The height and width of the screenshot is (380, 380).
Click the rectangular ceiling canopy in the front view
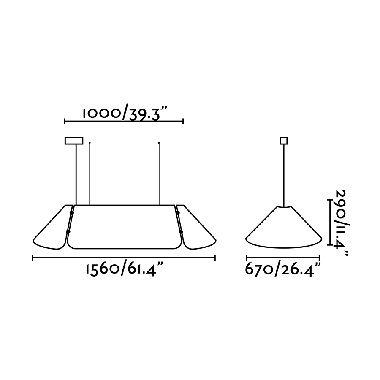(74, 141)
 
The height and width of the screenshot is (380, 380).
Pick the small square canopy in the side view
(284, 141)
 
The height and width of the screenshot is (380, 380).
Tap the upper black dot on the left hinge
(71, 213)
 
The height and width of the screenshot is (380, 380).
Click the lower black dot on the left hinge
(68, 232)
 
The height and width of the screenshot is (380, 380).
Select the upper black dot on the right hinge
(178, 213)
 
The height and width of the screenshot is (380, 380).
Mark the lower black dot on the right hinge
(181, 232)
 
